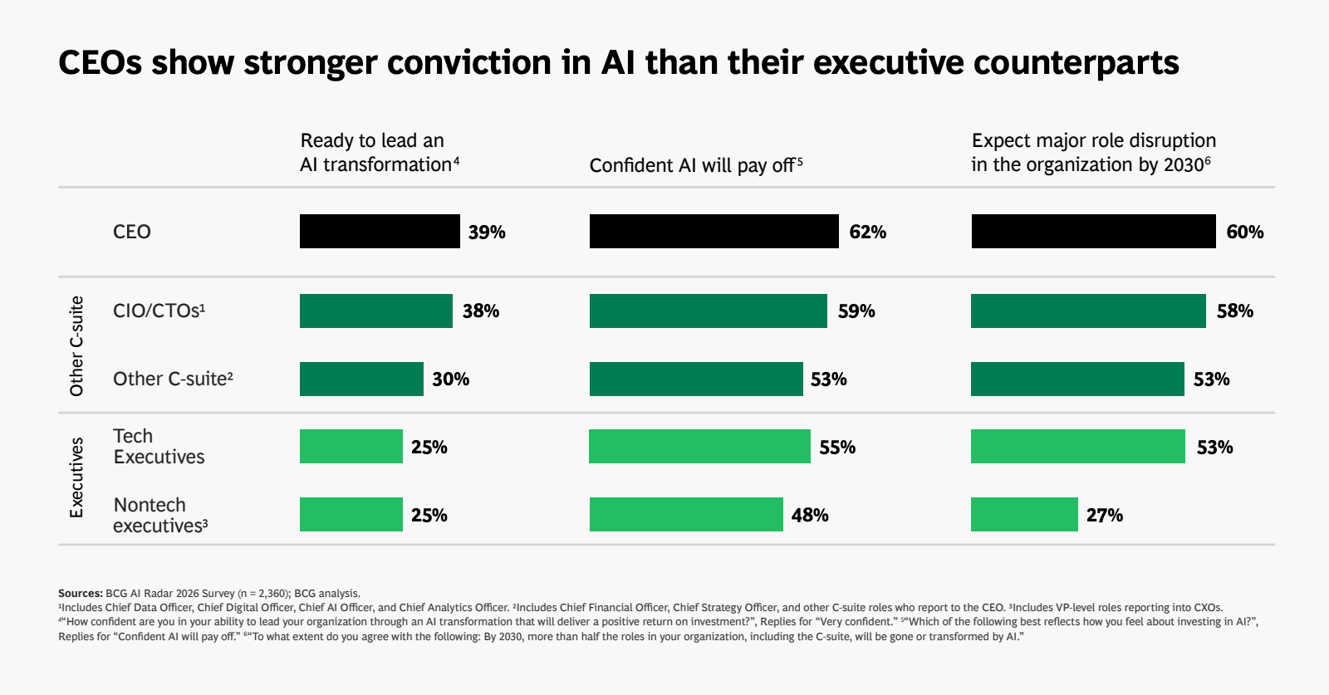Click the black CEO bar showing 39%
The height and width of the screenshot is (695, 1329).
pyautogui.click(x=380, y=231)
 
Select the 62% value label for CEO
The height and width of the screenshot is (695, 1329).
pyautogui.click(x=867, y=232)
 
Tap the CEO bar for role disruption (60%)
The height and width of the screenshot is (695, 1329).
pyautogui.click(x=1093, y=231)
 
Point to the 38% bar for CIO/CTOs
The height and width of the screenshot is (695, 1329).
pyautogui.click(x=375, y=311)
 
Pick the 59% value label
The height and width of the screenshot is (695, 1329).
pyautogui.click(x=856, y=311)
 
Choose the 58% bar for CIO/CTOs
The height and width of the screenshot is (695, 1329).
pyautogui.click(x=1088, y=311)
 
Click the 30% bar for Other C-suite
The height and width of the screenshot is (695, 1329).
pyautogui.click(x=361, y=379)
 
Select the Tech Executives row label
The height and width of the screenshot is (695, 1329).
pyautogui.click(x=159, y=447)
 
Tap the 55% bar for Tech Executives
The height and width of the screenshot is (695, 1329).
pyautogui.click(x=699, y=447)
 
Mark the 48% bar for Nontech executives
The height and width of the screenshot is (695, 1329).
pyautogui.click(x=686, y=515)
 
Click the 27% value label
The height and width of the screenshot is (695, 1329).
pyautogui.click(x=1105, y=516)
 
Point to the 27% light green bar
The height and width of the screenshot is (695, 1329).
pyautogui.click(x=1024, y=515)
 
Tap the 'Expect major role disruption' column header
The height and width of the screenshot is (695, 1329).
pyautogui.click(x=1093, y=153)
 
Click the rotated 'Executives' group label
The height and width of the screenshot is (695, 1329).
pyautogui.click(x=76, y=478)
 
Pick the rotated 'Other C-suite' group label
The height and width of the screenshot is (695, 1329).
pyautogui.click(x=76, y=345)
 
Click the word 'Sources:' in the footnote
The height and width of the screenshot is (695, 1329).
pyautogui.click(x=80, y=594)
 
